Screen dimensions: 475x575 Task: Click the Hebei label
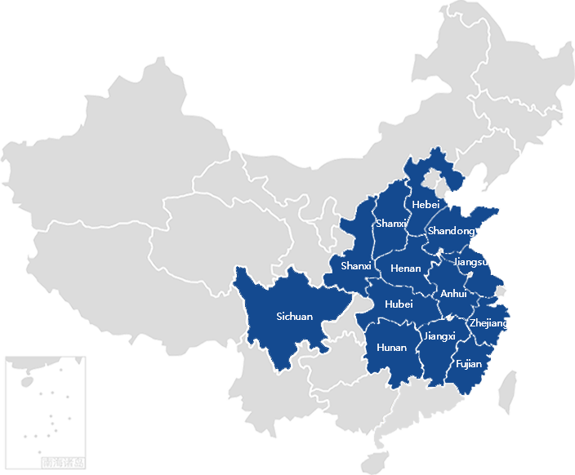tap(426, 204)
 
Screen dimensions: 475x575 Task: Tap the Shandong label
tap(451, 232)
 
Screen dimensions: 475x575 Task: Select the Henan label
tap(406, 268)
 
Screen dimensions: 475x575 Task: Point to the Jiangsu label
tap(470, 262)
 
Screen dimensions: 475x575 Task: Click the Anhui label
tap(453, 294)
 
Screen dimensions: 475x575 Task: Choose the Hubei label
tap(399, 304)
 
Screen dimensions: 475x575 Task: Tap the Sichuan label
tap(294, 316)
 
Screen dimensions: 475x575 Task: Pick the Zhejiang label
tap(488, 324)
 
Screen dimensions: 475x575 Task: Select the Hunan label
tap(391, 348)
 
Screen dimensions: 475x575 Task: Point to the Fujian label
tap(470, 364)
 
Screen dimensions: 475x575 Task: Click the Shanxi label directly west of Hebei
tap(391, 224)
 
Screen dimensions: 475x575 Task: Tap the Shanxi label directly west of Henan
tap(356, 266)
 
